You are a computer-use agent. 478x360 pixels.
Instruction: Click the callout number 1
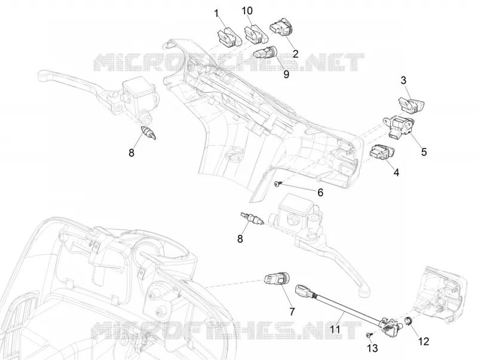click(217, 14)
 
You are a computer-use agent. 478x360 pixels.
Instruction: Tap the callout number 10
click(247, 11)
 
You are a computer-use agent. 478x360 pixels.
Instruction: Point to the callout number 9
click(286, 74)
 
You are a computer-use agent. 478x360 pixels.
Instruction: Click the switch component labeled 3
click(411, 105)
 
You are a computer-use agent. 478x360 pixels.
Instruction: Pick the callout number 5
click(424, 152)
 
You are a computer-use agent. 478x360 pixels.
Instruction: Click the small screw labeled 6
click(277, 184)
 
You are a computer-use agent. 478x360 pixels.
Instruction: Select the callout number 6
click(320, 193)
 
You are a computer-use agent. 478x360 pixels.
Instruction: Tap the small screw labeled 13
click(369, 335)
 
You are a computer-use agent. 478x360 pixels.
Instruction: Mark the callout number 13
click(373, 348)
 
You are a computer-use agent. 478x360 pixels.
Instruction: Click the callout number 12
click(424, 341)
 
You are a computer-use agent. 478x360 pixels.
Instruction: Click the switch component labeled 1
click(229, 38)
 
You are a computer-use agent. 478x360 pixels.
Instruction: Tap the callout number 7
click(292, 312)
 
